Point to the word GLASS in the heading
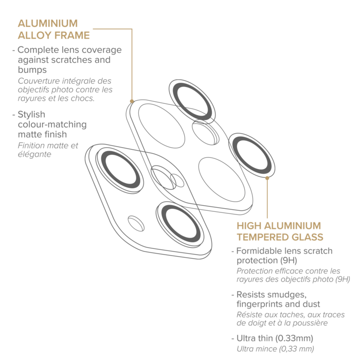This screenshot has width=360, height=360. coord(308,237)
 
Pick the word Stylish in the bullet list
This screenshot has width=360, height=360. coord(31,115)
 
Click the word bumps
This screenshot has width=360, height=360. coord(32,69)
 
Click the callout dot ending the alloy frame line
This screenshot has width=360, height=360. coord(132,101)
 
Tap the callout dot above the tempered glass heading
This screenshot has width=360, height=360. coord(267,178)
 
